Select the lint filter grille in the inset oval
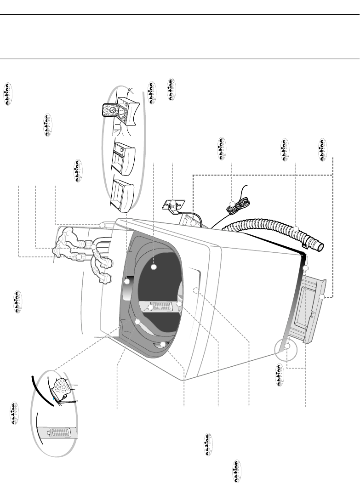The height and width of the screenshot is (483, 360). pos(58,434)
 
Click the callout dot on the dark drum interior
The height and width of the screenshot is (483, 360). pos(154,267)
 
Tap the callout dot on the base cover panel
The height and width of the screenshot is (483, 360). pos(322,297)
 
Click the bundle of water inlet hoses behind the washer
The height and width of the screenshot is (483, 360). pos(83,250)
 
